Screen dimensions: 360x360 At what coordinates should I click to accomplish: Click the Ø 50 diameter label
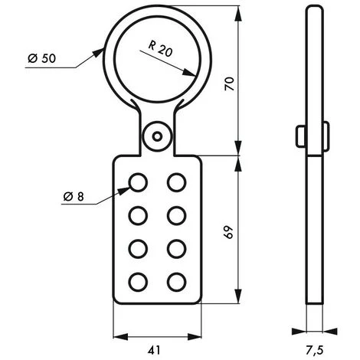point(41,58)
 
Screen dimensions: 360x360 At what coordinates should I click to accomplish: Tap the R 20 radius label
point(160,49)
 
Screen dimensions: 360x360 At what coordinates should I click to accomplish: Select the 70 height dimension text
point(229,83)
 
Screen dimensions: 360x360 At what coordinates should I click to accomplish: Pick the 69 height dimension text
point(229,232)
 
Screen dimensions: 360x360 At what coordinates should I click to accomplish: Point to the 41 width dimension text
point(154,350)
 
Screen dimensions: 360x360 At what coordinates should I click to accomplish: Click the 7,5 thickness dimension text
point(315,350)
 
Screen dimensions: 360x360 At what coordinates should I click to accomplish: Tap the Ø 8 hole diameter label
point(74,197)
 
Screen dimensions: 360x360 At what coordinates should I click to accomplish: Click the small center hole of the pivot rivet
point(157,137)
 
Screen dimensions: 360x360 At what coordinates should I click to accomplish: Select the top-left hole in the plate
point(138,182)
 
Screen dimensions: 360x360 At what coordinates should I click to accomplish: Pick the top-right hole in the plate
point(177,182)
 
